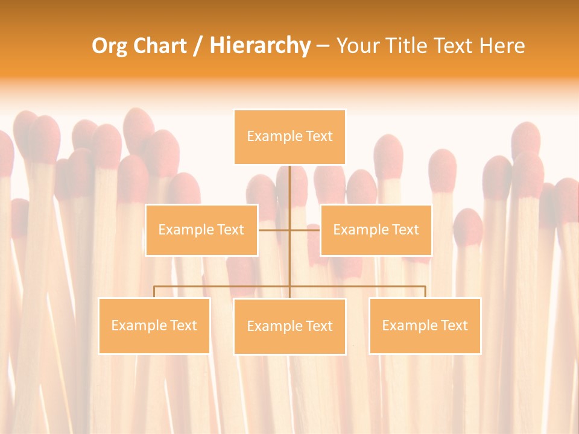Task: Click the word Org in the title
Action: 109,46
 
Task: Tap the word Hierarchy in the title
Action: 260,46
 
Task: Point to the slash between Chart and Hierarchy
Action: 198,46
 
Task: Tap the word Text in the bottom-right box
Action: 454,325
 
